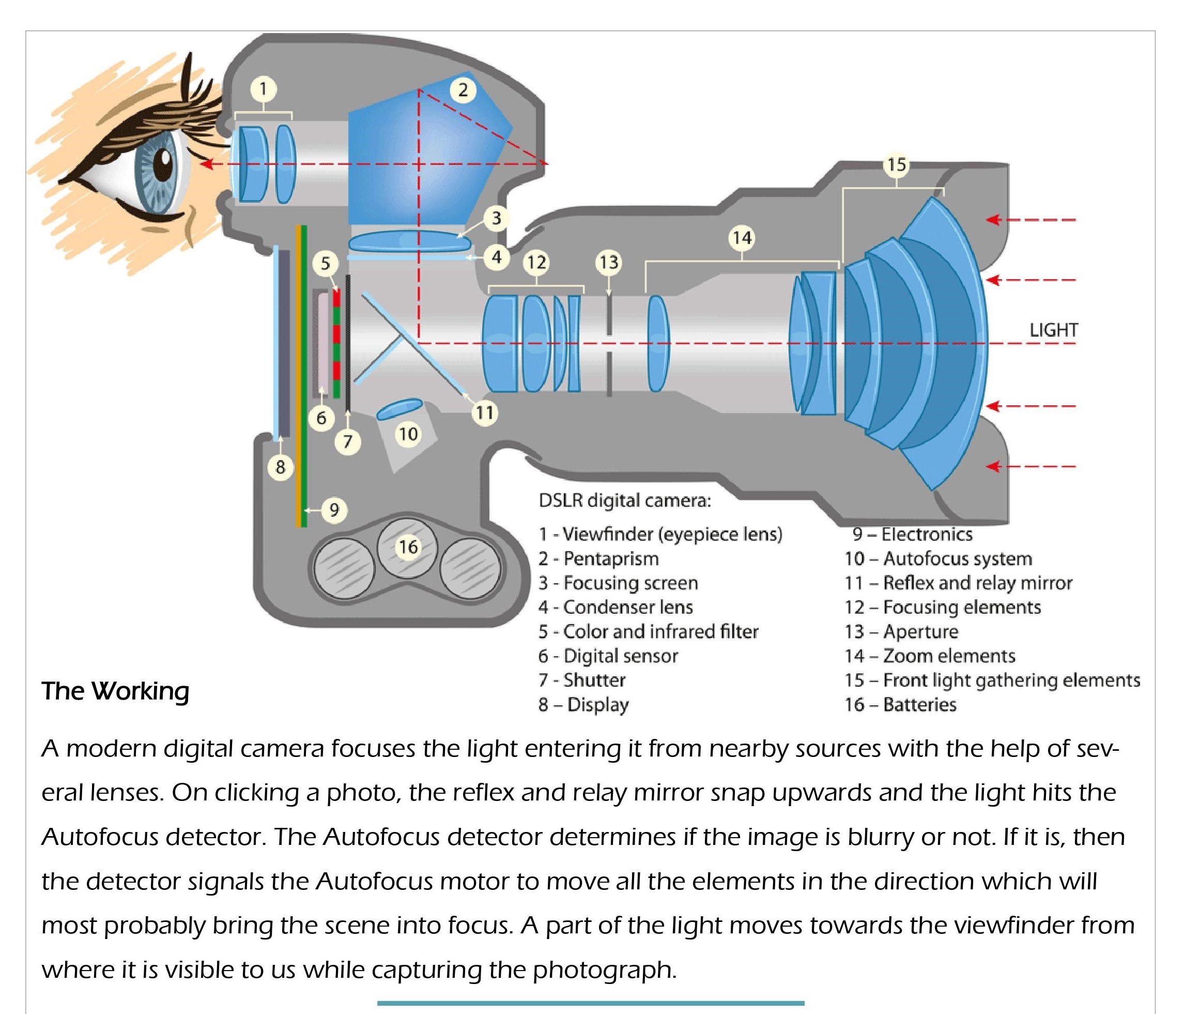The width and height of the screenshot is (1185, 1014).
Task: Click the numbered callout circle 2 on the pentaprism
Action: pos(463,90)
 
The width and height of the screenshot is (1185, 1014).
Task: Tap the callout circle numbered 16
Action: pos(408,547)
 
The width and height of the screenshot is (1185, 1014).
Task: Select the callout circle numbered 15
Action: pos(896,164)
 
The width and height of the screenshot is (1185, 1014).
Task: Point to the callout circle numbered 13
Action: pos(608,262)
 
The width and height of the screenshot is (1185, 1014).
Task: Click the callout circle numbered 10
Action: pos(408,434)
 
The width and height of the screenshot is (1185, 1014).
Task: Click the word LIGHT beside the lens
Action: pos(1053,330)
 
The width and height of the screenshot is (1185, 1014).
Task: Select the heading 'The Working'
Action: pos(115,691)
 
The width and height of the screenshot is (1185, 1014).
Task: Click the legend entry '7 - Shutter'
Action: pos(581,680)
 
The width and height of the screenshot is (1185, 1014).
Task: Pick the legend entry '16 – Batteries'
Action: pos(900,704)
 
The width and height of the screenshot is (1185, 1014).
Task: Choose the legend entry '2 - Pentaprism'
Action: pos(598,558)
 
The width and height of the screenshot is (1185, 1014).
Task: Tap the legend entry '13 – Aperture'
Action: pos(901,632)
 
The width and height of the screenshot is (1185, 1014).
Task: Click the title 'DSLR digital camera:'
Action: pos(624,501)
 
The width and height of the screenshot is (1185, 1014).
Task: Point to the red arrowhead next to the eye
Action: pos(207,164)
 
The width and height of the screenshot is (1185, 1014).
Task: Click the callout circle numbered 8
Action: pos(280,467)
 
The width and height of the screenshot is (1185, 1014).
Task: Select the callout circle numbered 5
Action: pos(326,263)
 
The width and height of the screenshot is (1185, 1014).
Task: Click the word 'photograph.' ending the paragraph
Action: pos(605,970)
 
